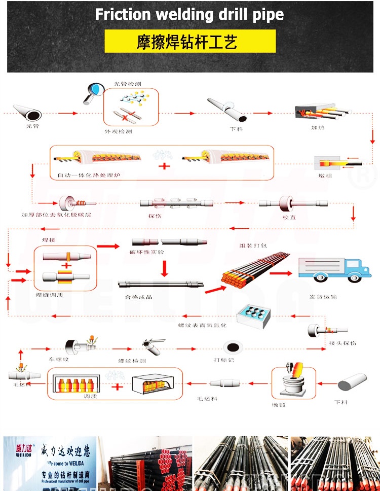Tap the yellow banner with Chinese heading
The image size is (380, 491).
[190, 41]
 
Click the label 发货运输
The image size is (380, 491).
[323, 296]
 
